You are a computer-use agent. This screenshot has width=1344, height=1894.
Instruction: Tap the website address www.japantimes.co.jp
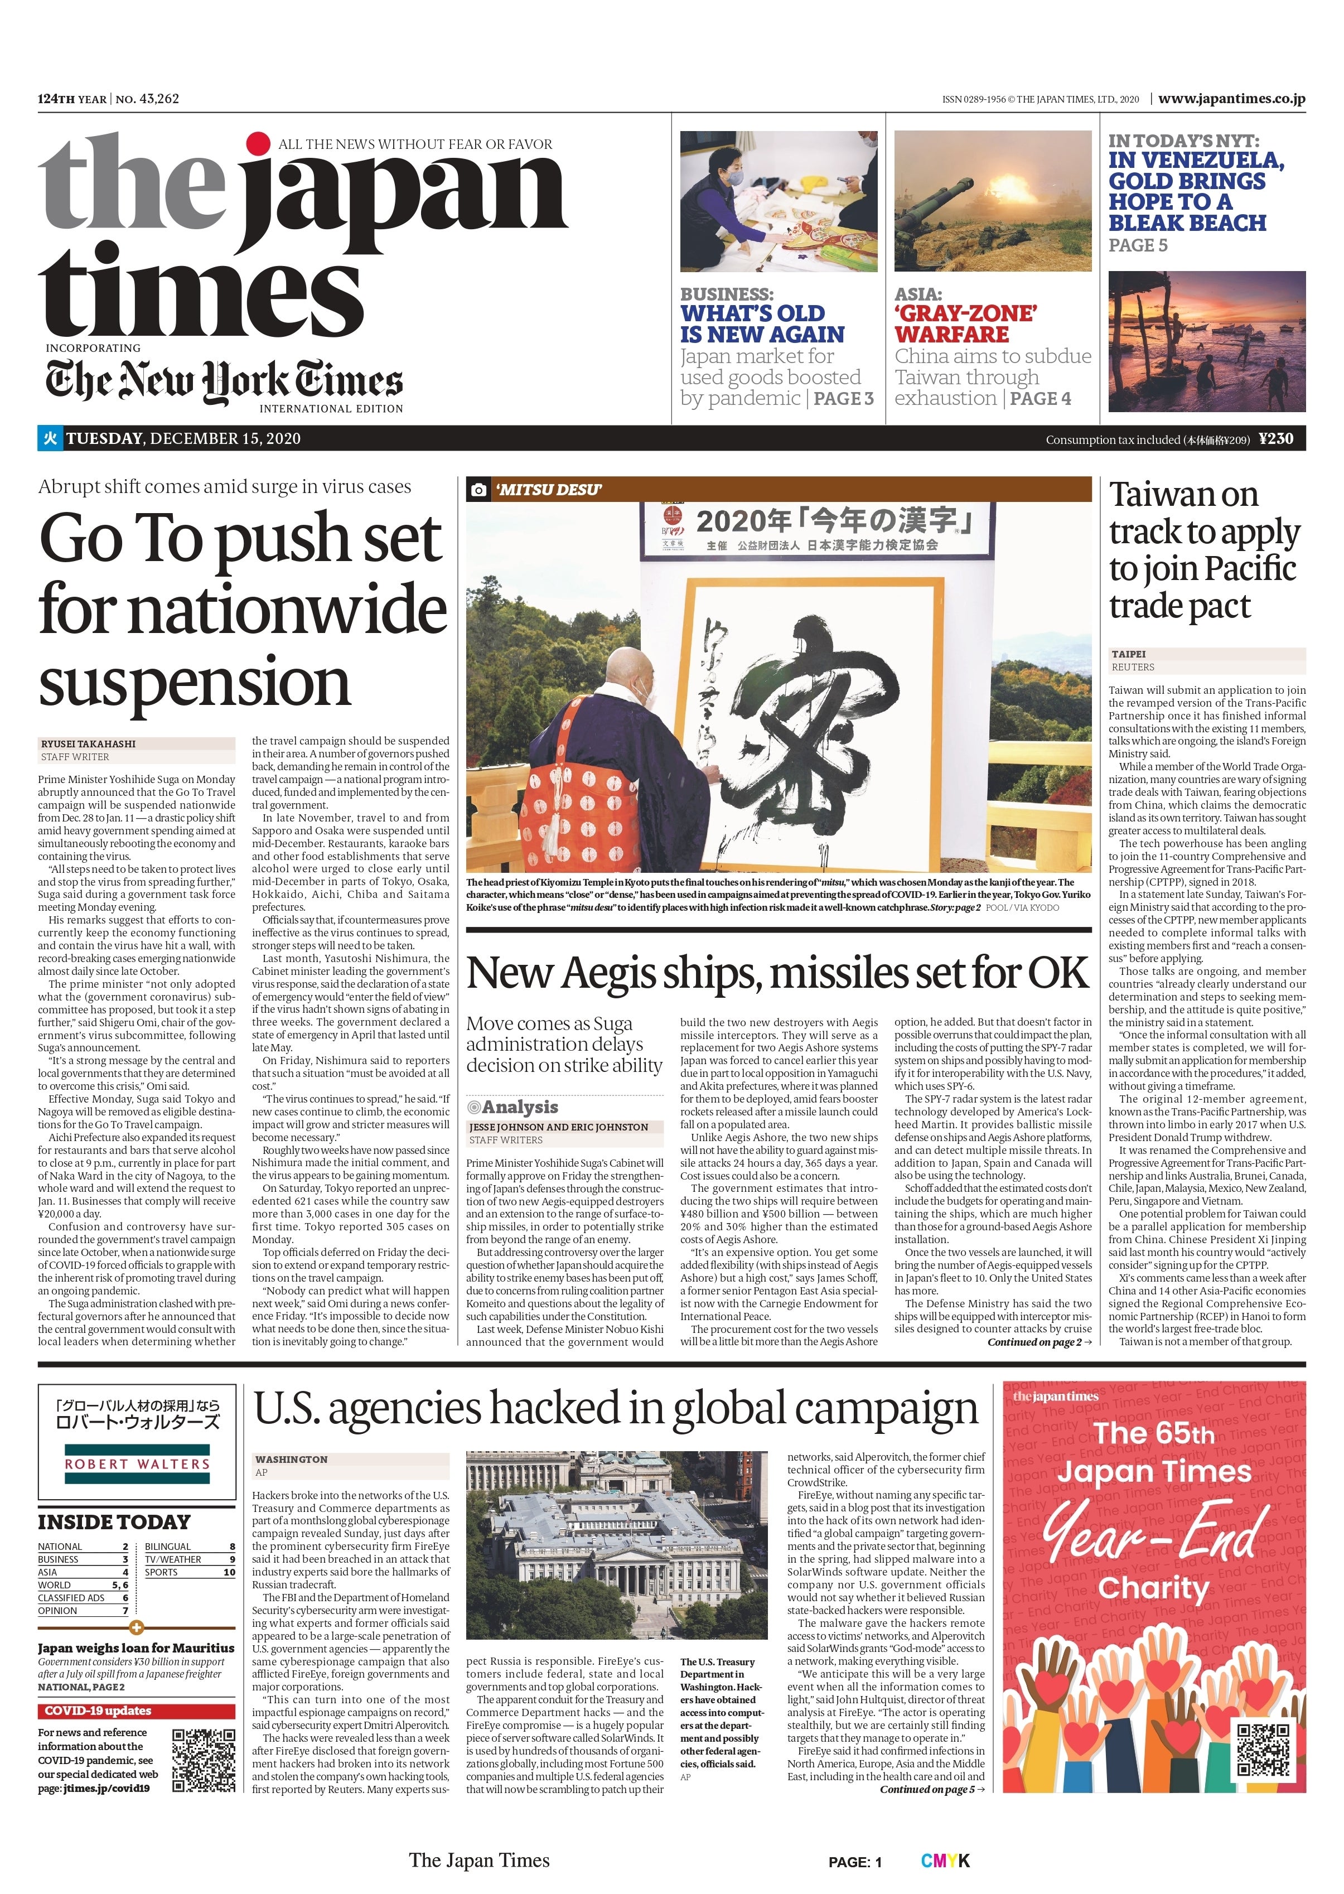(x=1231, y=99)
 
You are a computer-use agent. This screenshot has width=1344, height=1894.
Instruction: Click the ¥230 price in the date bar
(x=1275, y=438)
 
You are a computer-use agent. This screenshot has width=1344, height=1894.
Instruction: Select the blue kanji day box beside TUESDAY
(x=50, y=438)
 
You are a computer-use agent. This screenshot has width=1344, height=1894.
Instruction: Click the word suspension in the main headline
(x=195, y=682)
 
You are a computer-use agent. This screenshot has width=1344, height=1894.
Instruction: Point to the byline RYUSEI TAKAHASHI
(x=89, y=743)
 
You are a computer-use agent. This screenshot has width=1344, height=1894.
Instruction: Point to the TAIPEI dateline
(x=1128, y=654)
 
